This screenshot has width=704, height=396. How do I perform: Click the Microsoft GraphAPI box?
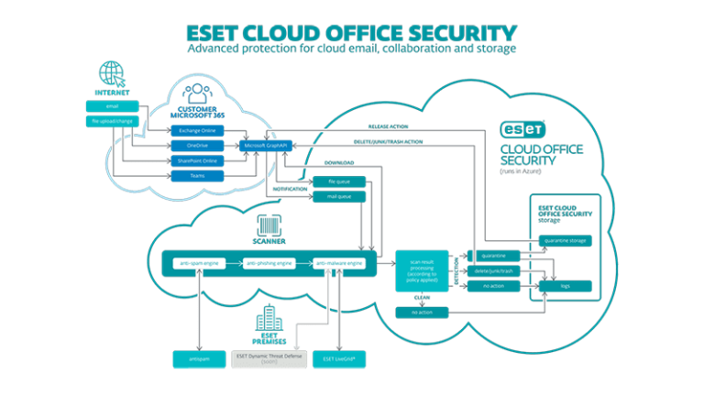(x=265, y=145)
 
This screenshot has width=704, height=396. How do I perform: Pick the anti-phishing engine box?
(x=269, y=264)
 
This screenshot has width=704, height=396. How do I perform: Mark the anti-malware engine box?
(x=339, y=264)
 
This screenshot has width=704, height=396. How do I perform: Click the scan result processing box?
(x=421, y=270)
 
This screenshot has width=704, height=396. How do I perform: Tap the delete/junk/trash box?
(x=495, y=270)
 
